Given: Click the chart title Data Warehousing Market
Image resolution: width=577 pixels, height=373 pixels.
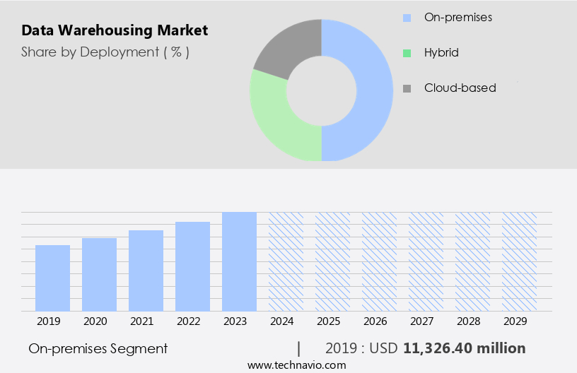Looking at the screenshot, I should pos(115,31).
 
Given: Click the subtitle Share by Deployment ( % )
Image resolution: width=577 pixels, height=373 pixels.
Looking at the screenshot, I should pos(105,52).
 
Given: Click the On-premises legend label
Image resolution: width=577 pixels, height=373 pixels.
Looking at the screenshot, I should pos(457,16).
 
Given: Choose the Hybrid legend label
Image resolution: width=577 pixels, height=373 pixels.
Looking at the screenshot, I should pos(441,52).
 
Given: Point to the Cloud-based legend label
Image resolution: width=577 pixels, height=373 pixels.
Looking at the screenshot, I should pos(460,88).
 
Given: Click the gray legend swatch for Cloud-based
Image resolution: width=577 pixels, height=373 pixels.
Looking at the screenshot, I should pos(407,88).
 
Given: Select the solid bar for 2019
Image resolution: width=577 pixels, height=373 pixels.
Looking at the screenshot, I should pos(52,278).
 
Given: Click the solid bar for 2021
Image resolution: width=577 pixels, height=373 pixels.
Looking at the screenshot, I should pos(146,271).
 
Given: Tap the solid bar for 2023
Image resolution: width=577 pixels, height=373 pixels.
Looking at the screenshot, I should pos(239,261).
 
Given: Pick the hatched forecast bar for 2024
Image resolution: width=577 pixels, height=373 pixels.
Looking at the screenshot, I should pos(286,261).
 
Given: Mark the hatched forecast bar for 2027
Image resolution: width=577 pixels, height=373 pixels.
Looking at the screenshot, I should pos(426,261).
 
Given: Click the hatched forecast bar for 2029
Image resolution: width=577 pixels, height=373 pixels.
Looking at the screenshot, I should pos(519,261).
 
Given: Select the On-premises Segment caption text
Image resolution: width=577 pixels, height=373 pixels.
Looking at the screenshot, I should pos(98,349).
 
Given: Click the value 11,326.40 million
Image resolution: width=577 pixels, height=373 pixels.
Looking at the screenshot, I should pos(464,349).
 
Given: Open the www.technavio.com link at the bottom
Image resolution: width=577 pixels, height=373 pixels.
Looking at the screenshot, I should pos(296,365).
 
